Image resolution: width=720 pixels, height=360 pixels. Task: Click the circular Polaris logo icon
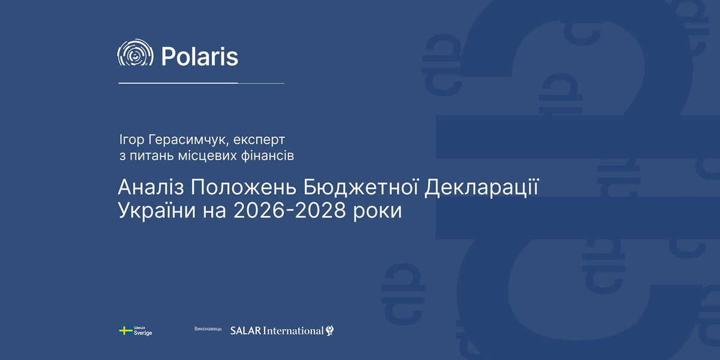tap(136, 52)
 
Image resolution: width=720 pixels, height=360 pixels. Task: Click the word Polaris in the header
tap(200, 56)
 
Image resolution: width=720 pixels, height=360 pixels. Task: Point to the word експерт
tap(259, 140)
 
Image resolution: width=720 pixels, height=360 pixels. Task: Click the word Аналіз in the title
tap(151, 187)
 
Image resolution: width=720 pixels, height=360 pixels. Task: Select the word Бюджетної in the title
tap(361, 188)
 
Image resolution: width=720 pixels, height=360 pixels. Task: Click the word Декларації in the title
tap(481, 188)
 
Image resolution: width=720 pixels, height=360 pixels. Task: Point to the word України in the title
tap(157, 211)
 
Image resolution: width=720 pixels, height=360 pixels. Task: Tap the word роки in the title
tap(377, 212)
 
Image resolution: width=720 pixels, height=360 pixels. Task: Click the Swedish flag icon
tap(125, 331)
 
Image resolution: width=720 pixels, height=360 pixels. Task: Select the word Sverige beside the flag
tap(143, 333)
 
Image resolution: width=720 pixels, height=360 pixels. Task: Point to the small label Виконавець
tap(208, 329)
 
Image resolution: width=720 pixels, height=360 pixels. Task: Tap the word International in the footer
tap(293, 331)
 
